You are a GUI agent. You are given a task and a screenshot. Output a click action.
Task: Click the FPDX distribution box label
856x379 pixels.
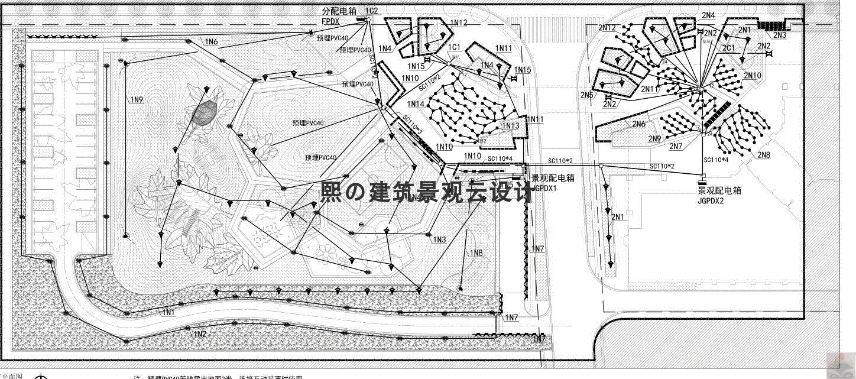[x=330, y=21]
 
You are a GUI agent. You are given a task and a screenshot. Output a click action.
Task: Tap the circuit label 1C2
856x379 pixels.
[x=371, y=11]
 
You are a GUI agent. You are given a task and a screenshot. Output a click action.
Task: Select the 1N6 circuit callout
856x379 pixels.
[x=212, y=42]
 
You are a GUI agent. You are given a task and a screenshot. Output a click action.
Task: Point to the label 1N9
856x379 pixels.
[x=137, y=100]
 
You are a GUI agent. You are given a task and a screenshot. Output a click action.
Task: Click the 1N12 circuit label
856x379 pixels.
[x=459, y=22]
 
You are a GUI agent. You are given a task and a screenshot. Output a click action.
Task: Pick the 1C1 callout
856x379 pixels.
[x=455, y=47]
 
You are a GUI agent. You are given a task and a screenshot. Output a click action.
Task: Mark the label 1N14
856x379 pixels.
[x=416, y=104]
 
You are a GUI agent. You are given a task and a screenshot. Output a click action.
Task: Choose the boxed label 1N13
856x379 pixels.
[x=511, y=126]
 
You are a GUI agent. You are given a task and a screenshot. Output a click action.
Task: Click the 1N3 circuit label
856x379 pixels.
[x=439, y=239]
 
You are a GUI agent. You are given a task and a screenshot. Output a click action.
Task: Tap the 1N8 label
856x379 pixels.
[x=476, y=254]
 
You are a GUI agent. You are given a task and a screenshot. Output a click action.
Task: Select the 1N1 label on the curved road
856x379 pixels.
[x=168, y=312]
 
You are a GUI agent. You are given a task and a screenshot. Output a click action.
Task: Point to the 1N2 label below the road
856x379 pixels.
[x=200, y=334]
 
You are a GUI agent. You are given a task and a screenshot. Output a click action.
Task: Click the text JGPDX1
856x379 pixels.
[x=544, y=187]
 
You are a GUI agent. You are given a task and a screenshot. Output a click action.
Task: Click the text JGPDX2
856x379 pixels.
[x=711, y=200]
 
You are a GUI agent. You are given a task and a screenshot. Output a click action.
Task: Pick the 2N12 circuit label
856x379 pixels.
[x=607, y=28]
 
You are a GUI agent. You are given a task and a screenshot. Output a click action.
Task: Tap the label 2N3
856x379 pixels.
[x=780, y=35]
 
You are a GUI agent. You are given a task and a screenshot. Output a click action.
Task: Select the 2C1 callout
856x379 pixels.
[x=728, y=48]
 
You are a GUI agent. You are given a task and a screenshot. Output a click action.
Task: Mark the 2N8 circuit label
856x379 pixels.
[x=764, y=155]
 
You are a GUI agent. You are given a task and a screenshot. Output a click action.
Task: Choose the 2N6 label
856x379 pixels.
[x=638, y=124]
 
